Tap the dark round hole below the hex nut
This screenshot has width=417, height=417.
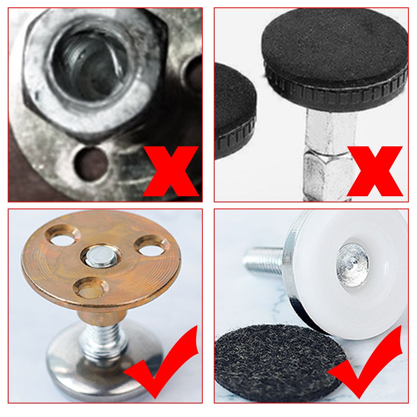(x=91, y=164)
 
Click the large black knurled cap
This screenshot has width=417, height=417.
(x=333, y=45)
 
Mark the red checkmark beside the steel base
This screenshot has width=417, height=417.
(x=164, y=364)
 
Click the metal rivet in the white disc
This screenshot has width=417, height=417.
(x=352, y=264)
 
